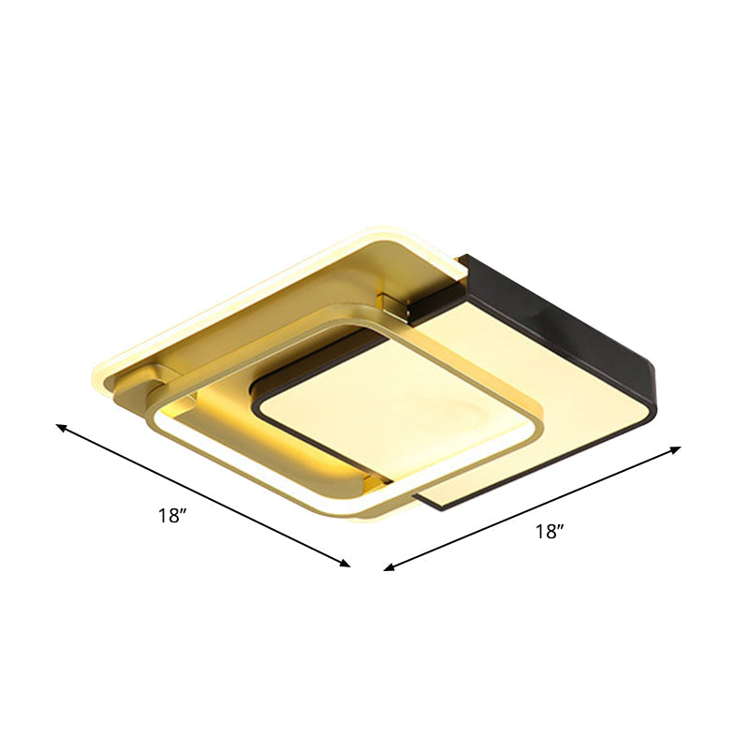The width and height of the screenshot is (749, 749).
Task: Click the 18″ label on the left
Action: [x=175, y=515]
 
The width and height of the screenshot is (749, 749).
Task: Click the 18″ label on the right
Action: [x=550, y=532]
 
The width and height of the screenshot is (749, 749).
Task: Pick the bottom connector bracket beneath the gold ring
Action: [x=373, y=484]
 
